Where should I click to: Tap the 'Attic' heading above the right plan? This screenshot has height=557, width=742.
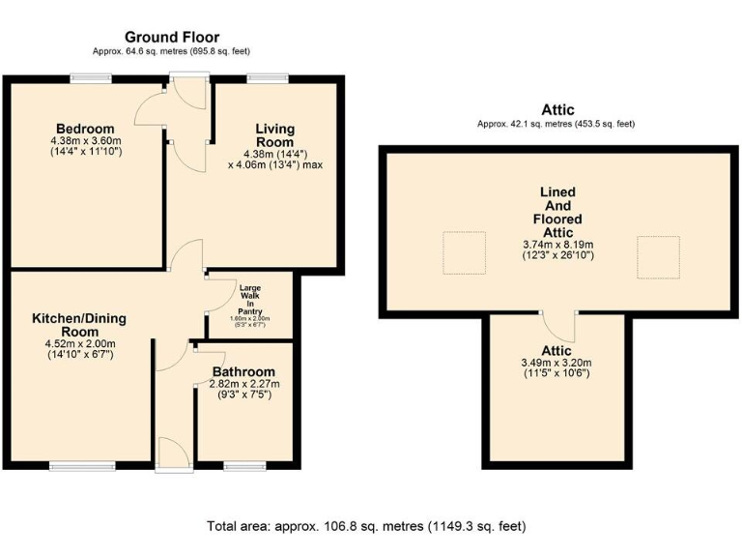point(556,110)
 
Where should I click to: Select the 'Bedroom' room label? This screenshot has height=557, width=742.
point(85,129)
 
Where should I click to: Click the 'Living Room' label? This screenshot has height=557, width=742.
point(275,135)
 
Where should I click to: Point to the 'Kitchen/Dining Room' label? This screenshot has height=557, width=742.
point(79,324)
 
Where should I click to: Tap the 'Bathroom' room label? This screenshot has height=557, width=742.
point(243,371)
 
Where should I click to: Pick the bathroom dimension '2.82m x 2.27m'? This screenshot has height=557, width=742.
point(243,384)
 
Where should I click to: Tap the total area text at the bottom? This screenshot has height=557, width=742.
point(366,527)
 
